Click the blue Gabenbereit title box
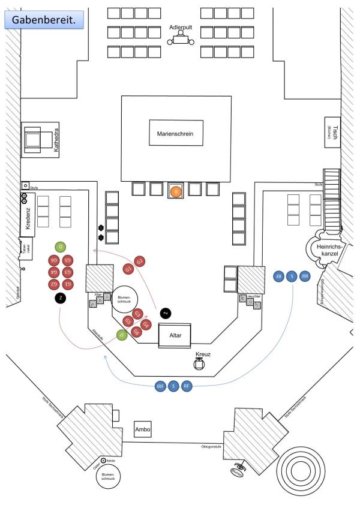coord(44,20)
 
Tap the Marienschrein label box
coord(176,133)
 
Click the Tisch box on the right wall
coord(333,133)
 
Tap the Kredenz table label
coord(29,220)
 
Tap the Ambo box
coord(143,429)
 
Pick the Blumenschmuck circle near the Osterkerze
coord(108,477)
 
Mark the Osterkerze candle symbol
coord(104,460)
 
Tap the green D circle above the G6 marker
coord(59,247)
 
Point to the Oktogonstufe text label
coord(212,446)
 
